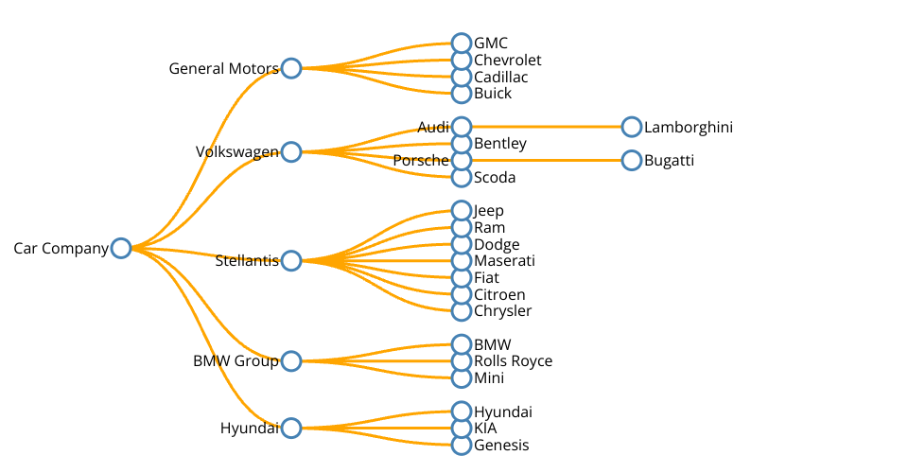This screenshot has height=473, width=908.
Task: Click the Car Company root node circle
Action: [121, 248]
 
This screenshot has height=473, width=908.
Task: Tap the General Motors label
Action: [223, 69]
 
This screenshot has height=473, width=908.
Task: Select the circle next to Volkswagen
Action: [291, 152]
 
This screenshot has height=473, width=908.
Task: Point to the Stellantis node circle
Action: [291, 260]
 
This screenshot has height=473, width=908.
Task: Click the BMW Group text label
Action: [236, 361]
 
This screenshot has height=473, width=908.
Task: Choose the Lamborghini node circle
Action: [632, 127]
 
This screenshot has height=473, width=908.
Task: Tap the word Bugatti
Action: [669, 161]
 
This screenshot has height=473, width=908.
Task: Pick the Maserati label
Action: [504, 261]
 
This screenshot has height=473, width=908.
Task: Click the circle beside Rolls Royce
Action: [462, 361]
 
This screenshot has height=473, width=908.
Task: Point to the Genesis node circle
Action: [462, 446]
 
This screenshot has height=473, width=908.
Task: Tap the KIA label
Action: [485, 429]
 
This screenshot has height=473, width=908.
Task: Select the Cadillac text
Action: [500, 78]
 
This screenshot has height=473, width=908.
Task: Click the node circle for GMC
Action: [462, 44]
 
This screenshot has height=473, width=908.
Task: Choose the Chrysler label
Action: [502, 311]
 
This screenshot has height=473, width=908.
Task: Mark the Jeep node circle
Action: [462, 210]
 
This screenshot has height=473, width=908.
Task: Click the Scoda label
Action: [495, 178]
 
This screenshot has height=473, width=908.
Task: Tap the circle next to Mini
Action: [462, 378]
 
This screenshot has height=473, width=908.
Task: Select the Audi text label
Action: [433, 128]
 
